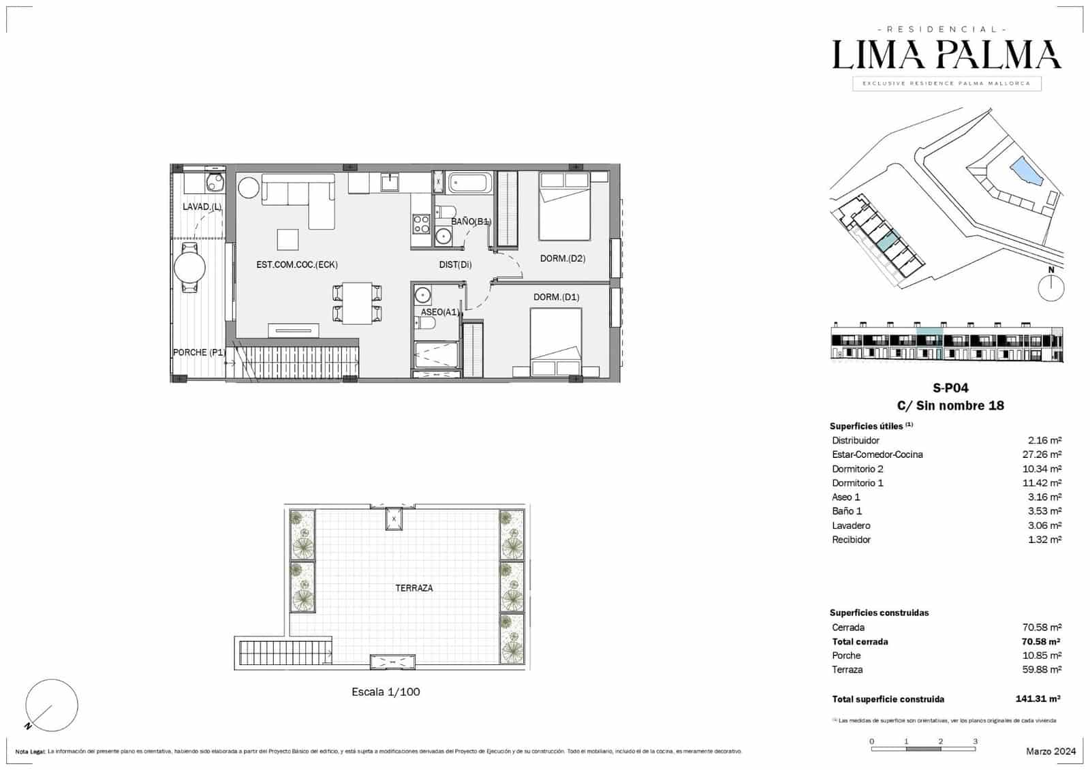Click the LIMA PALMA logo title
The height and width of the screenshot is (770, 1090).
pyautogui.click(x=946, y=55)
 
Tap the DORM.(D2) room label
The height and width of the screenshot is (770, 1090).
pyautogui.click(x=562, y=258)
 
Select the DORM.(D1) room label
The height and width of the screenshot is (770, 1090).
pyautogui.click(x=556, y=297)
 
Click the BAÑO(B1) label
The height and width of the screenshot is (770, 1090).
pyautogui.click(x=471, y=221)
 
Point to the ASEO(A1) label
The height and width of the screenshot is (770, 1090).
pyautogui.click(x=439, y=312)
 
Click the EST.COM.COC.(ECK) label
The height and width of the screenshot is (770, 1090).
pyautogui.click(x=296, y=264)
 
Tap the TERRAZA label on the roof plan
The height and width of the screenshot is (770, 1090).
pyautogui.click(x=414, y=587)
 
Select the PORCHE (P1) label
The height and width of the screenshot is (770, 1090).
pyautogui.click(x=199, y=352)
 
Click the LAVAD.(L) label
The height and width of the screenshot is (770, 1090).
pyautogui.click(x=202, y=206)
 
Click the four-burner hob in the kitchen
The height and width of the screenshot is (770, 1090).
pyautogui.click(x=420, y=224)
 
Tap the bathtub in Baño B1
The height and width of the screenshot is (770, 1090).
pyautogui.click(x=469, y=183)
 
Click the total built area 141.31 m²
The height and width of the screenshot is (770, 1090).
pyautogui.click(x=1037, y=699)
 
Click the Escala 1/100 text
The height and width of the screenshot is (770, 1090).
pyautogui.click(x=386, y=692)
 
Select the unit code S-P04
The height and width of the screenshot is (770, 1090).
pyautogui.click(x=950, y=388)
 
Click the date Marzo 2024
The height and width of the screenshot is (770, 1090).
pyautogui.click(x=1050, y=751)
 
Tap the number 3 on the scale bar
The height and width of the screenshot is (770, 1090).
pyautogui.click(x=975, y=741)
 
